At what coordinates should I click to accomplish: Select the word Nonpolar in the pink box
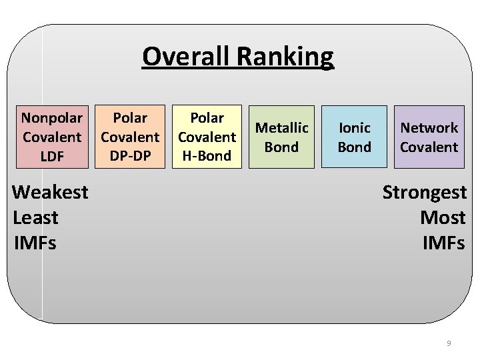coord(52,118)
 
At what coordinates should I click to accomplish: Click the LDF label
coord(52,156)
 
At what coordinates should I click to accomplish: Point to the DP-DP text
coord(130,156)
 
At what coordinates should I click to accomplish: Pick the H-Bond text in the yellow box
coord(207,156)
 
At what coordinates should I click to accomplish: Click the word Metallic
coord(282,127)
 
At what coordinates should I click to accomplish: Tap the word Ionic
coord(354,127)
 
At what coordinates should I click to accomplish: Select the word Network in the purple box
coord(429,127)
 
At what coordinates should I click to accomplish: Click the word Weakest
coord(51,192)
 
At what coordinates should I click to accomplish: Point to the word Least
coord(36,217)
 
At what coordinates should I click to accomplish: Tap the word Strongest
coord(424,192)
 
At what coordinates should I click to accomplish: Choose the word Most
coord(443,217)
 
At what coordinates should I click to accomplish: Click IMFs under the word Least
coord(35,243)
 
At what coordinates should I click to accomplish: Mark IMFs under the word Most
coord(444,243)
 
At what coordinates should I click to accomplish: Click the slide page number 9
coord(448,343)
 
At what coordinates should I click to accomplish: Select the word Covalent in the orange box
coord(130,137)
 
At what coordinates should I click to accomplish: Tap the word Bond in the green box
coord(282,147)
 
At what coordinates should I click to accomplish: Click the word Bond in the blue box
coord(354,147)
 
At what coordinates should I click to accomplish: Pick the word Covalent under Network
coord(429,147)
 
